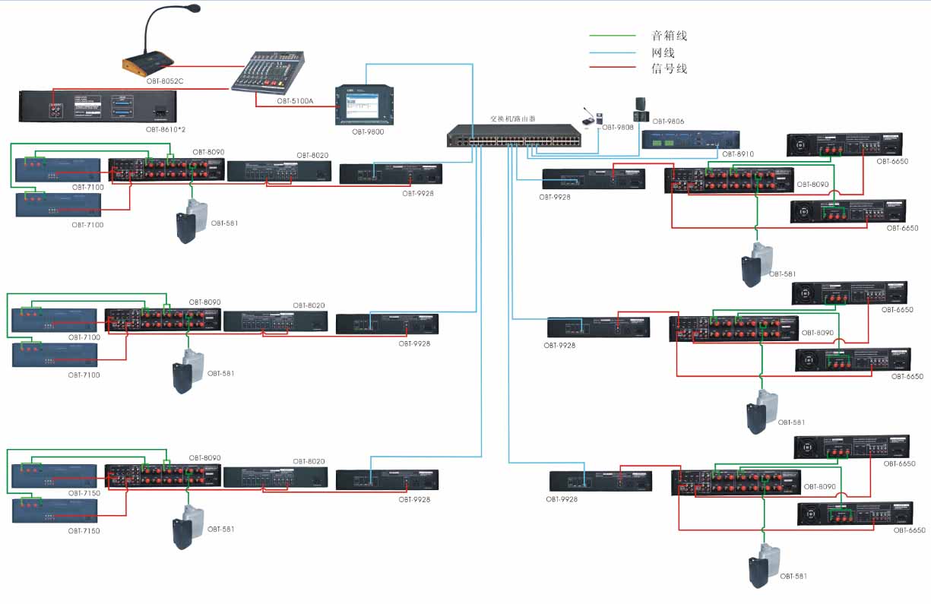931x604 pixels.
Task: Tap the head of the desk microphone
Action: pos(194,8)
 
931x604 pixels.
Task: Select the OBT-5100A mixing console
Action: pos(269,73)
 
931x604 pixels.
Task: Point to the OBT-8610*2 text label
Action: pos(166,129)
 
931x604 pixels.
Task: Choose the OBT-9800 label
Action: pos(368,131)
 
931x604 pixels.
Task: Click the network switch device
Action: pos(514,136)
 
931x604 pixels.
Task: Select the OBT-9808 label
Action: pos(618,127)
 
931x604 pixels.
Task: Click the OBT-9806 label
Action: pos(669,121)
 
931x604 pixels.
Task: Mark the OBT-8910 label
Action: pos(739,154)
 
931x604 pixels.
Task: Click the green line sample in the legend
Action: pos(613,36)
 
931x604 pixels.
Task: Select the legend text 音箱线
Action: pos(669,36)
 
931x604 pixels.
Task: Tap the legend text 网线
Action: pos(663,52)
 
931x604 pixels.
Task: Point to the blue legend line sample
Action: pos(613,52)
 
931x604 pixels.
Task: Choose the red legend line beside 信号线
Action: pos(613,68)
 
